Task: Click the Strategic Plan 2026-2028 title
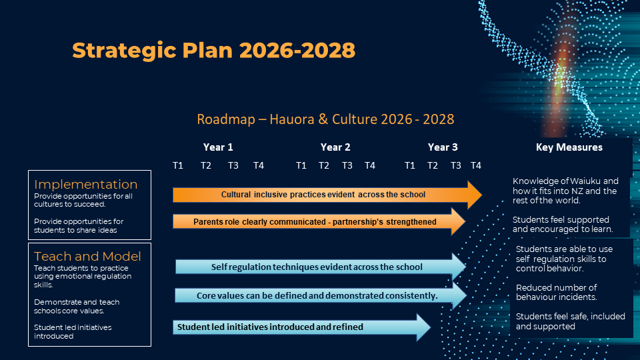[213, 51]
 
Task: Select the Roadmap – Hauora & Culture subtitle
[325, 119]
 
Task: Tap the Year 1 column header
[218, 147]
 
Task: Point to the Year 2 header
[335, 147]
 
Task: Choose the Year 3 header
[443, 147]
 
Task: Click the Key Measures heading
[569, 147]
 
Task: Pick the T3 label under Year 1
[233, 165]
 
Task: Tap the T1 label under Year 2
[301, 165]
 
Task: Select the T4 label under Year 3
[476, 165]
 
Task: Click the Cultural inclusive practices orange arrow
[327, 195]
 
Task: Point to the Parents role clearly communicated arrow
[319, 221]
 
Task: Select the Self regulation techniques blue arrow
[321, 267]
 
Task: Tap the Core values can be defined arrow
[321, 295]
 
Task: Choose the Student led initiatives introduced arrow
[302, 327]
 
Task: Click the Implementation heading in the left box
[86, 184]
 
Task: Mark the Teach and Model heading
[87, 256]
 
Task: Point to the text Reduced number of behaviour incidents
[556, 292]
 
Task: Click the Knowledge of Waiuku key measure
[565, 191]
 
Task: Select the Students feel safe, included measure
[570, 321]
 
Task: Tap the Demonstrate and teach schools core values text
[77, 306]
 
